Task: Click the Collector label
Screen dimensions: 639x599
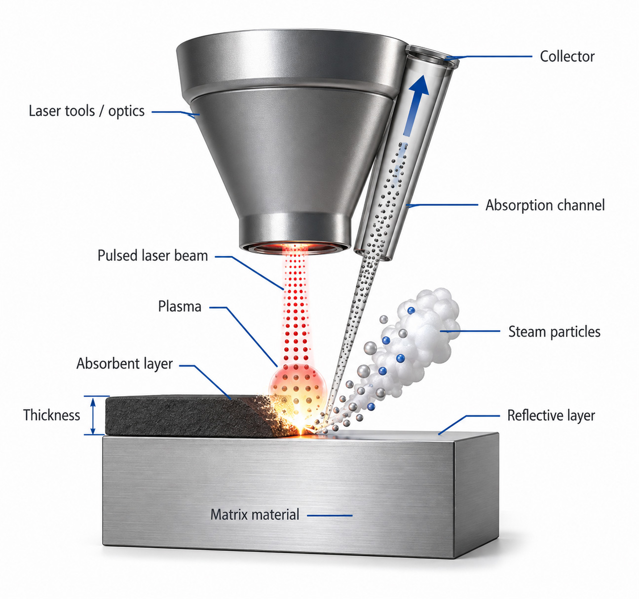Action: pyautogui.click(x=567, y=56)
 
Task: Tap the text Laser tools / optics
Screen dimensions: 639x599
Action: pyautogui.click(x=86, y=111)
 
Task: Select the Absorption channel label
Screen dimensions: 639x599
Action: pyautogui.click(x=545, y=205)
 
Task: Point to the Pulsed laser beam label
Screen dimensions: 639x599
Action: pyautogui.click(x=153, y=256)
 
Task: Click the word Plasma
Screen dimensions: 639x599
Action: pyautogui.click(x=180, y=306)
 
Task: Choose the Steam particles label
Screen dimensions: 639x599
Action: pyautogui.click(x=554, y=332)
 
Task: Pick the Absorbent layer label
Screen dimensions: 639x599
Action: pyautogui.click(x=124, y=364)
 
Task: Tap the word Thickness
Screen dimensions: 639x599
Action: pyautogui.click(x=51, y=415)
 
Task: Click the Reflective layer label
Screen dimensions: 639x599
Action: pyautogui.click(x=551, y=415)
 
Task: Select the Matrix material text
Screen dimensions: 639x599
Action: pyautogui.click(x=255, y=514)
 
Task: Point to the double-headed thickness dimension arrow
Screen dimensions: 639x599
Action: pyautogui.click(x=93, y=416)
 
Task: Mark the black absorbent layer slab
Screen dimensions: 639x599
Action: pyautogui.click(x=193, y=416)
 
